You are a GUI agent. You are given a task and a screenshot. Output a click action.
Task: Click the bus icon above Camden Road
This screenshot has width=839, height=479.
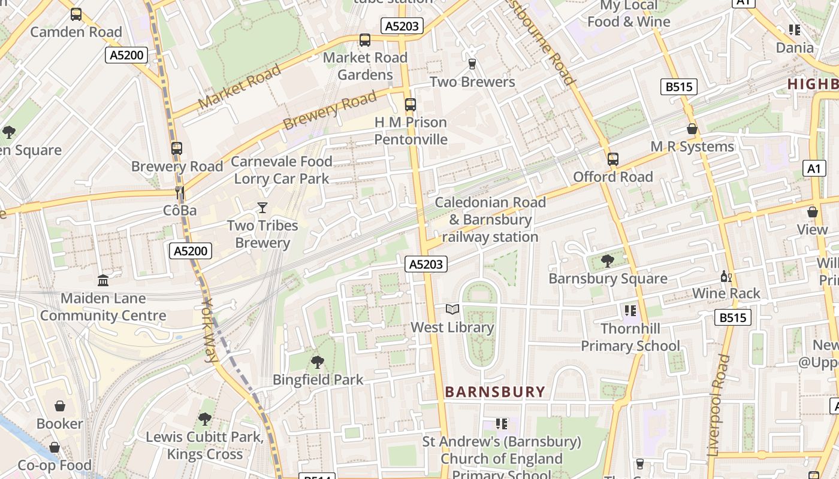76,14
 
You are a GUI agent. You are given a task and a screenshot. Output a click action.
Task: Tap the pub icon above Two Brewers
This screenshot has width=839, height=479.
472,64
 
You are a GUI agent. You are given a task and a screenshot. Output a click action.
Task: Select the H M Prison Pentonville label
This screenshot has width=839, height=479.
411,131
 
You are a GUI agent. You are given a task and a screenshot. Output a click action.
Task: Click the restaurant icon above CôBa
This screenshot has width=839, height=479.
179,193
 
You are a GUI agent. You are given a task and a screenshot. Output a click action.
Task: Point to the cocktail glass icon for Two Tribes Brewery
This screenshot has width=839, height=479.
262,208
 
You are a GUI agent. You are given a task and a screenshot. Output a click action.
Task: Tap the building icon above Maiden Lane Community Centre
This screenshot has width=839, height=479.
103,280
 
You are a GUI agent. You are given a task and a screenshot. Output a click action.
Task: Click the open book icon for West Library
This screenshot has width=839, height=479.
452,310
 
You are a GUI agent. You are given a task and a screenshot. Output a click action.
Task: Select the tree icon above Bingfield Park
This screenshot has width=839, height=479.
318,362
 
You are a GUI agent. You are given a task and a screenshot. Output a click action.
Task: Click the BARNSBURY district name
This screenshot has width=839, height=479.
495,392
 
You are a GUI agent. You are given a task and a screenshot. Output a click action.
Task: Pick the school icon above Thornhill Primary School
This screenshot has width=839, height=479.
630,310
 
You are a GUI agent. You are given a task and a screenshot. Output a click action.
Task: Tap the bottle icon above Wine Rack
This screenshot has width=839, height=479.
726,276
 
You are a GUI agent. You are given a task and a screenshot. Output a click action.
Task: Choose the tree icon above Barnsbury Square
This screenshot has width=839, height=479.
607,260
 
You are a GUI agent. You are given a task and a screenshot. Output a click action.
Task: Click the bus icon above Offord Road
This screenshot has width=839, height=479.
612,159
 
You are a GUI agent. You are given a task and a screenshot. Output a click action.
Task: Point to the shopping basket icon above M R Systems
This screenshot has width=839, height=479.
692,129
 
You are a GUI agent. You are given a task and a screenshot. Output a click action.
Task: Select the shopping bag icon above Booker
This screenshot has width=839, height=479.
60,406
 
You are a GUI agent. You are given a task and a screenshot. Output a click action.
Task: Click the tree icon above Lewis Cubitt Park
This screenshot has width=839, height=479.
205,419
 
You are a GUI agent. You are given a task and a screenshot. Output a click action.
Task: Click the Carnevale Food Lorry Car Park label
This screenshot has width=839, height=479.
281,170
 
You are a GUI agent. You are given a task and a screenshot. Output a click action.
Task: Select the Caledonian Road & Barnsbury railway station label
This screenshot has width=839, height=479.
490,220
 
